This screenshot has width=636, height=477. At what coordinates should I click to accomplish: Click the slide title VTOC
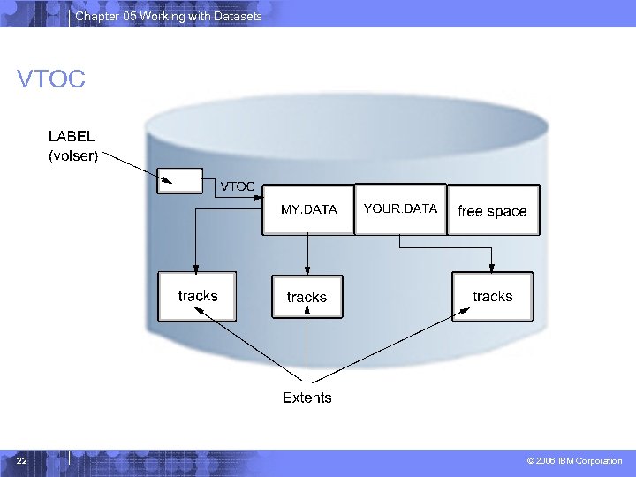(x=51, y=80)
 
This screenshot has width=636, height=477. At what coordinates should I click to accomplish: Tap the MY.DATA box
(x=308, y=210)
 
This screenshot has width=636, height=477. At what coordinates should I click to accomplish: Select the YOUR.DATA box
(x=400, y=209)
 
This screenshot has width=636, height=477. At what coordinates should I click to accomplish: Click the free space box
(x=493, y=210)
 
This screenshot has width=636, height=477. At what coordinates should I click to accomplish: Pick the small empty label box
(x=179, y=180)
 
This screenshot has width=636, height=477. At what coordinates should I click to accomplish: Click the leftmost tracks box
(x=197, y=296)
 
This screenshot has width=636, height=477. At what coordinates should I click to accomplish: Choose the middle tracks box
(x=307, y=297)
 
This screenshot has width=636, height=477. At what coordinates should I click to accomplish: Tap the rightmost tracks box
(x=492, y=296)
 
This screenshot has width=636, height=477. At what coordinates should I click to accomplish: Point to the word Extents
(x=307, y=397)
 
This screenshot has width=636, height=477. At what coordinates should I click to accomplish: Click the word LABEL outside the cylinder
(x=71, y=137)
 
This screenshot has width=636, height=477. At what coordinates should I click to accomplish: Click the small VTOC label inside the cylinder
(x=238, y=186)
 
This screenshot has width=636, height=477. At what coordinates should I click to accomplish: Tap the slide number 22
(x=22, y=461)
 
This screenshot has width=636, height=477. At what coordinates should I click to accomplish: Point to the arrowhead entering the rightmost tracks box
(x=492, y=268)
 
